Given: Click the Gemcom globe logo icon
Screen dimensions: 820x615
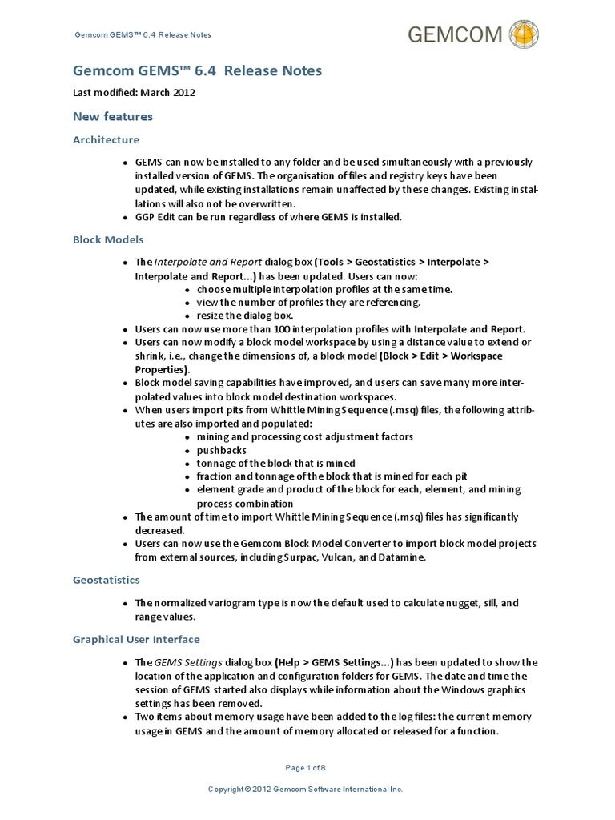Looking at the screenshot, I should (524, 34).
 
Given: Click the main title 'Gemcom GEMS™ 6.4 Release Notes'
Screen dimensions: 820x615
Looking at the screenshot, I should (197, 72).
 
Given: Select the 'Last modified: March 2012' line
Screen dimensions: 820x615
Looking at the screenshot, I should (134, 93).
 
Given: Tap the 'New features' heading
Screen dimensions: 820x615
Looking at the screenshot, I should (112, 117).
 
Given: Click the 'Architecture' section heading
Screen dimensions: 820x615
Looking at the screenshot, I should (106, 139).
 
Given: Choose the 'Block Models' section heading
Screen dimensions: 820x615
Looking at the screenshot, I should (108, 239).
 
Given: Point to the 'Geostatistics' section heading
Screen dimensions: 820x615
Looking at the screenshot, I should (106, 579).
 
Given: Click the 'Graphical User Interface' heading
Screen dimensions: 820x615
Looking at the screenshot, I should (136, 639).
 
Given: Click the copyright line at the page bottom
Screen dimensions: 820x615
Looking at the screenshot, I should (305, 790).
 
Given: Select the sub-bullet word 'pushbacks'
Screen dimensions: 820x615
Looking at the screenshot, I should (222, 450).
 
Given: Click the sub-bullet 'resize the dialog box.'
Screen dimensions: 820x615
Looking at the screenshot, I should (244, 315).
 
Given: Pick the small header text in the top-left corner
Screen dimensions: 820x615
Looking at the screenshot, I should (143, 35).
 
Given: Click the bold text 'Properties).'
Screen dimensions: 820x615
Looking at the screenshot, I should (163, 369).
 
